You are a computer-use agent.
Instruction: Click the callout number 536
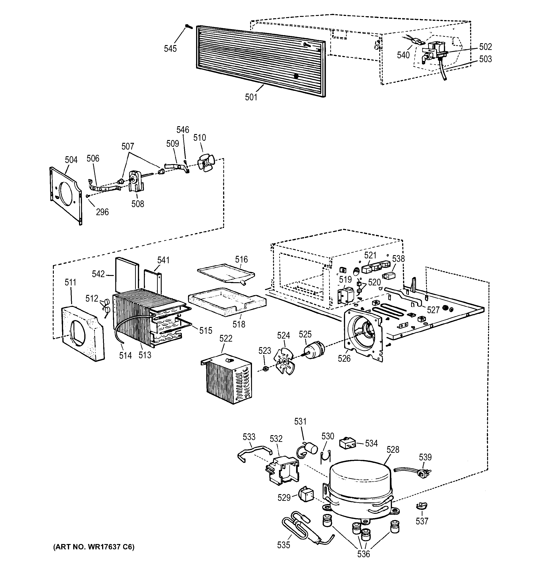363,554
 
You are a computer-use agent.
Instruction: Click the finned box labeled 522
227,378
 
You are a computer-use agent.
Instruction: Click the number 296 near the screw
102,212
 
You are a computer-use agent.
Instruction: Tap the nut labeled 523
266,369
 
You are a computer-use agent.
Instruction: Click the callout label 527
433,310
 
